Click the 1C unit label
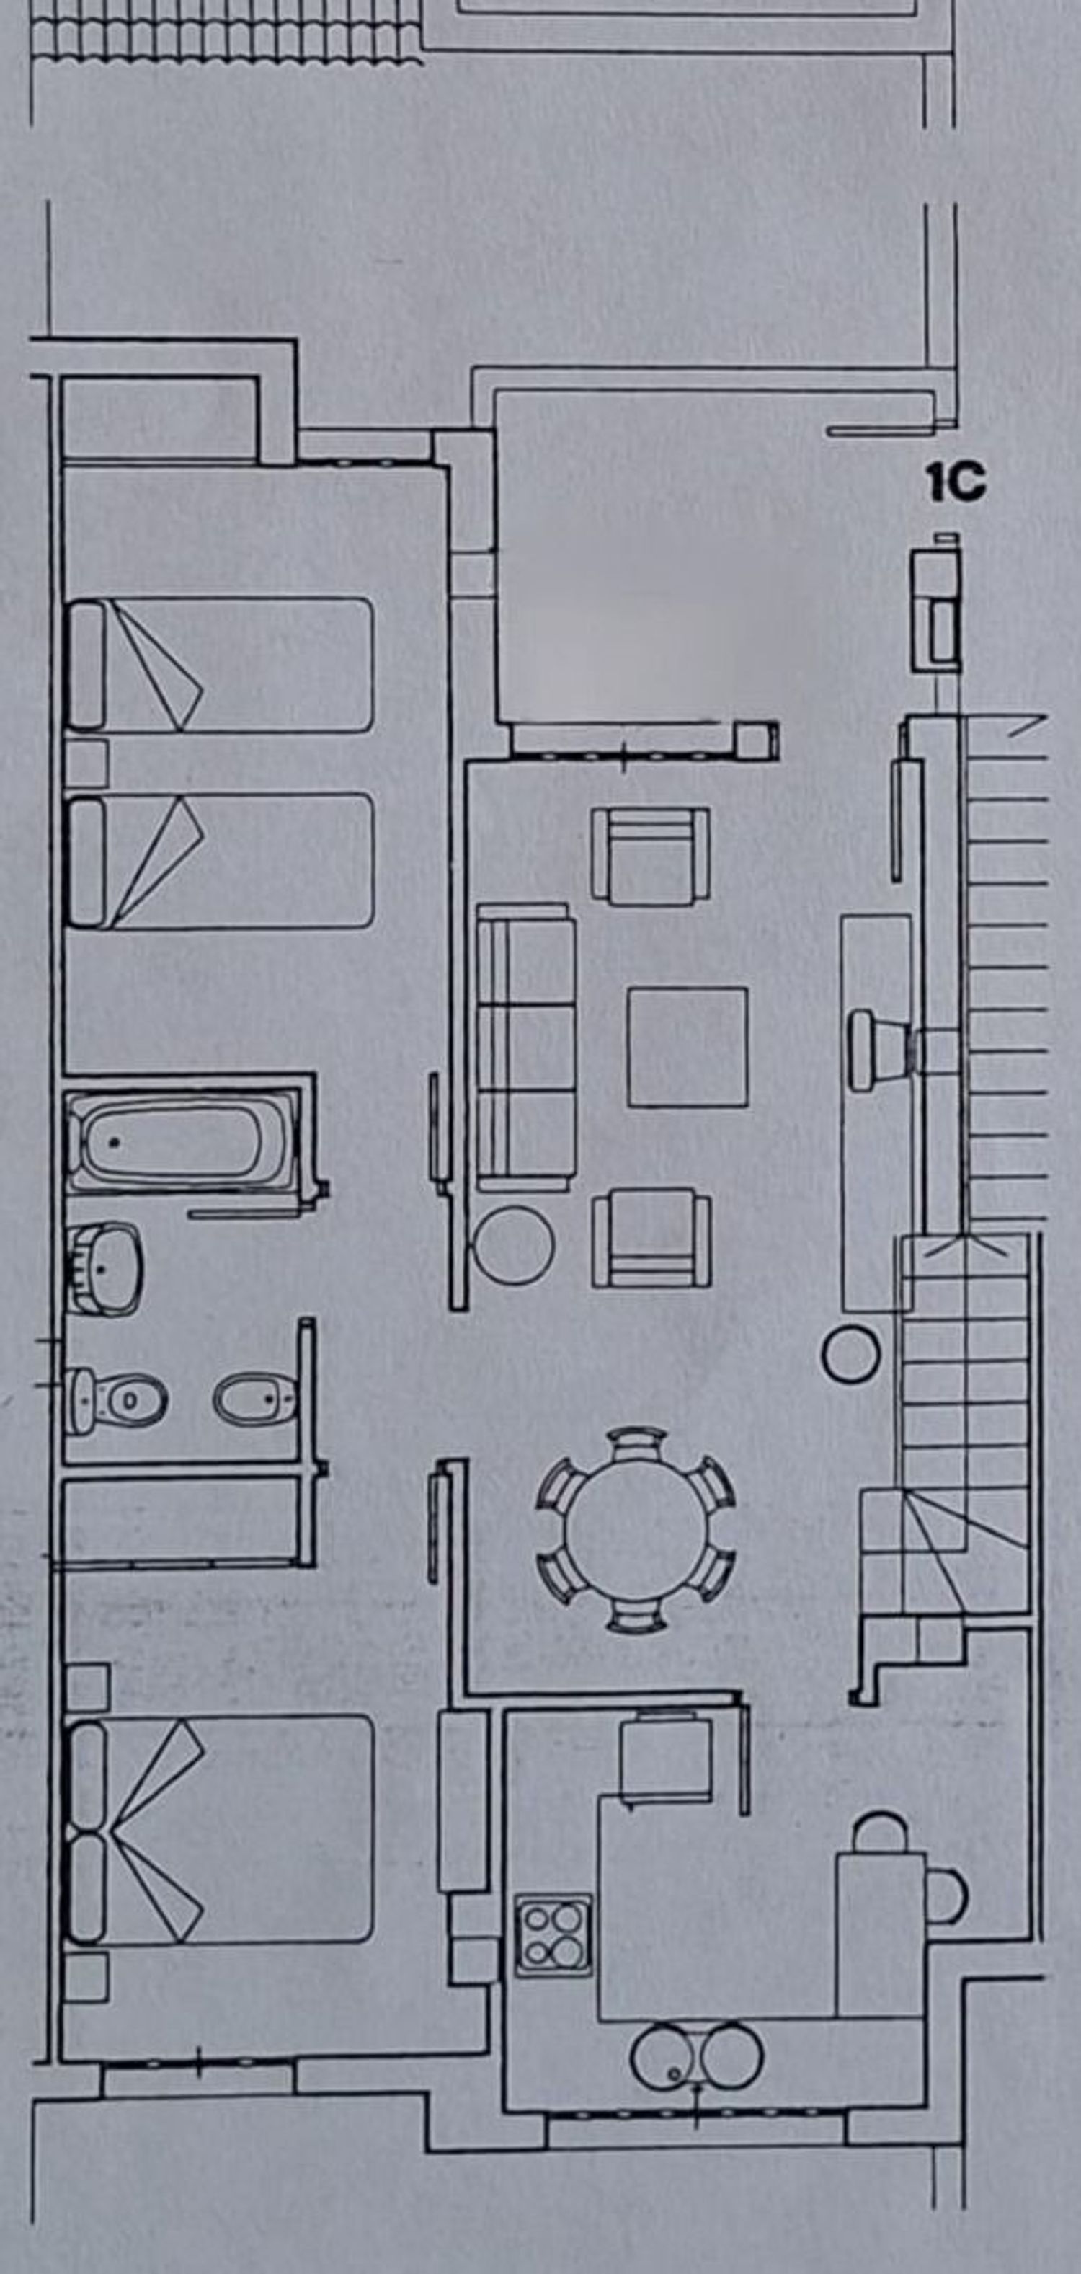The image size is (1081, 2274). point(956,483)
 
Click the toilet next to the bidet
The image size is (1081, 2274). point(117,1400)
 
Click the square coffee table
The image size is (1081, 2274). point(688,1047)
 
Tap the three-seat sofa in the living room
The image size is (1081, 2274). point(527,1047)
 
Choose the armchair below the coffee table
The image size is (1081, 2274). point(652,1238)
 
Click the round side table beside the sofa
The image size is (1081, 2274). point(515,1246)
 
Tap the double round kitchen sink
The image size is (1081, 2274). point(697,2055)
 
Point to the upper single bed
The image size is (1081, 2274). point(220,665)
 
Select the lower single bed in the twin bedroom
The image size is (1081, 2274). point(220,861)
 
